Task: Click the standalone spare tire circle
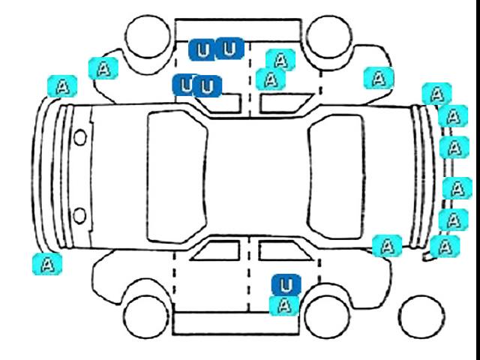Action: click(x=421, y=317)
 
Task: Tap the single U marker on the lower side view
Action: click(x=286, y=285)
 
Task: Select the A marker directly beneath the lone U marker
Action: click(x=284, y=306)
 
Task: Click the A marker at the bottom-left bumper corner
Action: click(x=47, y=264)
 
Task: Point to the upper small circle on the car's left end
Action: click(x=80, y=137)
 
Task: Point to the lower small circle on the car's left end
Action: click(x=80, y=215)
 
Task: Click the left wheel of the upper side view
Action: click(x=148, y=36)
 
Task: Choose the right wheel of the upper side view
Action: click(x=328, y=37)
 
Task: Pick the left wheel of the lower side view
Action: click(x=146, y=316)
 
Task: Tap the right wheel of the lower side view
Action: click(x=328, y=316)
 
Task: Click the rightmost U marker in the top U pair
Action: click(x=229, y=49)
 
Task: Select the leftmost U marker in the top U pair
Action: click(x=202, y=50)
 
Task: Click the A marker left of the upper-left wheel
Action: click(x=103, y=68)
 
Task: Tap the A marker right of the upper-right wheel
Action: click(x=379, y=78)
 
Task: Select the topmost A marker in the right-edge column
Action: click(x=436, y=94)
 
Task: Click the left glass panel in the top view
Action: click(x=177, y=177)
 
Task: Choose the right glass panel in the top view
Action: click(x=337, y=177)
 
